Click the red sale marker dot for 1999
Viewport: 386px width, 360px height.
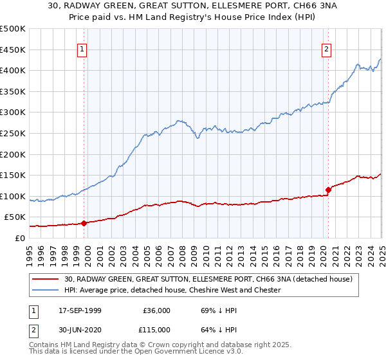tap(84, 223)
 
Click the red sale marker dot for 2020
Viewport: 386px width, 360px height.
tap(328, 190)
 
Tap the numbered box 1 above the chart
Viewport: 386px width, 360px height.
tap(83, 50)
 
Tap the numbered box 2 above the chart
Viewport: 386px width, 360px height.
tap(327, 50)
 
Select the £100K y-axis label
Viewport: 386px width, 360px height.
tap(13, 196)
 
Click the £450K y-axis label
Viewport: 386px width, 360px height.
tap(13, 50)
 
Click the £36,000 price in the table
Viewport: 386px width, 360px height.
tap(156, 310)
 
